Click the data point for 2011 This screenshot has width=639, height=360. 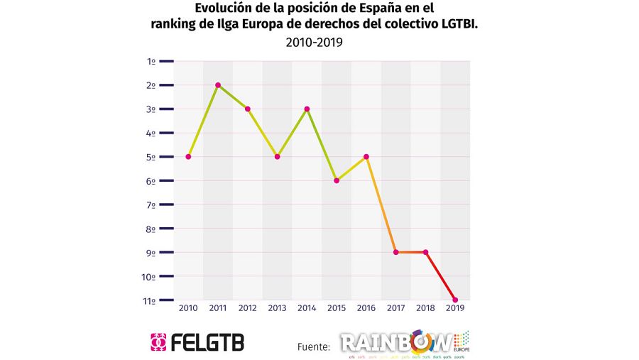pos(218,85)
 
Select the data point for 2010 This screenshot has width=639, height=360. pos(188,156)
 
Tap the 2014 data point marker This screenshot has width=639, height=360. pos(307,109)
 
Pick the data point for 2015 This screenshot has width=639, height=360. pos(337,180)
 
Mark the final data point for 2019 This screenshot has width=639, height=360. pos(455,300)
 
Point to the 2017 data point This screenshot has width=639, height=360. pos(395,252)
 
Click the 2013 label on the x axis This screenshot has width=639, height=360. pos(277,308)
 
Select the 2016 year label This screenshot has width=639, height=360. pos(366,308)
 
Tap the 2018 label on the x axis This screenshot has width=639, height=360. pos(425,308)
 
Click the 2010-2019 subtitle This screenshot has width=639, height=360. pos(314,43)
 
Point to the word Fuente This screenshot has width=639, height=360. pos(313,347)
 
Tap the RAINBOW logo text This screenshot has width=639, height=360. pos(395,343)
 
